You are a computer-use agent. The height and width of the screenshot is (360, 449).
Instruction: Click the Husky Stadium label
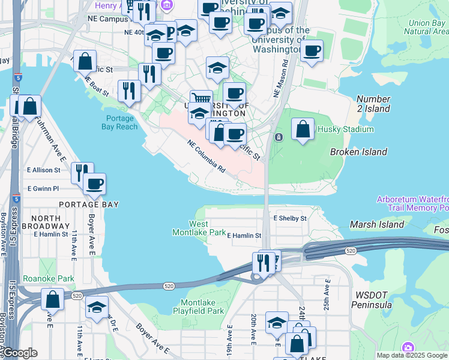pos(337,128)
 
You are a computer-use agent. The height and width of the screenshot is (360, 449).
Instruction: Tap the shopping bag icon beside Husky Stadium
pos(303,130)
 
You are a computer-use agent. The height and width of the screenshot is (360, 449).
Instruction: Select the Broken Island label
pos(358,152)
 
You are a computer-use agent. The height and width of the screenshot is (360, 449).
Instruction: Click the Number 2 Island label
pos(373,104)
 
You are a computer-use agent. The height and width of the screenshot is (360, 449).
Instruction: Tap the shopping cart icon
pos(201,100)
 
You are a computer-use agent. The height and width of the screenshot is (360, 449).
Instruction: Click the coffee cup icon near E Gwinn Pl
pos(94,184)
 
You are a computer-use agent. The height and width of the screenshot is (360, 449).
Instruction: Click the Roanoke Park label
pos(40,278)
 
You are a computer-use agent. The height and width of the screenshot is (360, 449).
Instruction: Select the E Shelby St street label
pos(290,218)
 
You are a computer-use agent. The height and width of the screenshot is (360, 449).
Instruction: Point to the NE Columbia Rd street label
pos(206,157)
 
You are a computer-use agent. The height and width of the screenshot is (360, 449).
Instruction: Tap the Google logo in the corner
pos(19,353)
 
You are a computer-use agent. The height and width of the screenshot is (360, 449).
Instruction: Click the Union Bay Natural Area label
pos(427,28)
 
